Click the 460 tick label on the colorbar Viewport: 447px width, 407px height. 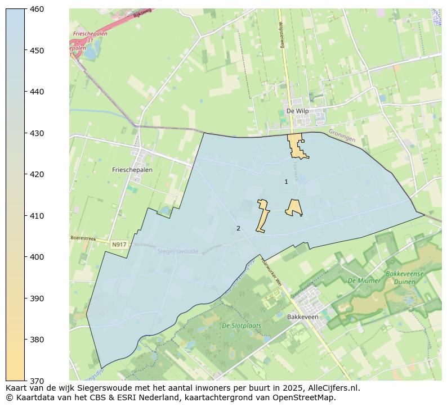[37, 9]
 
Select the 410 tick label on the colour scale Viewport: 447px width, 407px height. [37, 216]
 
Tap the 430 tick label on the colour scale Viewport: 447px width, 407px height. [37, 133]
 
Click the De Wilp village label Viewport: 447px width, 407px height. [297, 111]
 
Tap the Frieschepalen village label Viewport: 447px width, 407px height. [132, 170]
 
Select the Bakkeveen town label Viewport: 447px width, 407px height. [303, 317]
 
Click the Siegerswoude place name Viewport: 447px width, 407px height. [178, 251]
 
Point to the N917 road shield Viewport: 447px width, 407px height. [119, 245]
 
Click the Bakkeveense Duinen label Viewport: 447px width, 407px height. [405, 278]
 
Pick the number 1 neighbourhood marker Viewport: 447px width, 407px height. [286, 182]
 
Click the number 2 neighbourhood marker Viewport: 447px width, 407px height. [238, 228]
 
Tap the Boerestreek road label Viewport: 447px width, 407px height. [83, 238]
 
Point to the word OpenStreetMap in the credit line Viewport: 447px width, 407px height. [307, 397]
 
